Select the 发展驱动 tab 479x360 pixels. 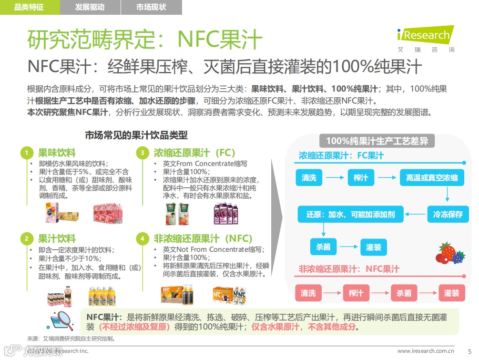click(x=90, y=7)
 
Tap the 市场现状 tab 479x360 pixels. click(x=151, y=7)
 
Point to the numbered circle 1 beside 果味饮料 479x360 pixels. click(x=27, y=153)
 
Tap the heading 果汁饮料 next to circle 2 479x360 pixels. click(x=57, y=238)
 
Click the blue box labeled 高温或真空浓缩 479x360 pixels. click(x=432, y=178)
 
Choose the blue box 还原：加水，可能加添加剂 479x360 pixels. click(x=350, y=214)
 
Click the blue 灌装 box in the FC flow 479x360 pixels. click(x=373, y=247)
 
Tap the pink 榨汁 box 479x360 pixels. click(x=355, y=293)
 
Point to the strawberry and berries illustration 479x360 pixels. click(x=450, y=253)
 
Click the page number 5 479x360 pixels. click(x=469, y=351)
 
